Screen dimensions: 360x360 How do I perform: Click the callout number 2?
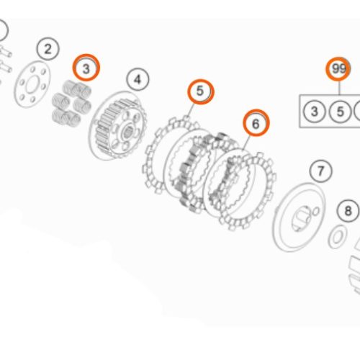click(48, 50)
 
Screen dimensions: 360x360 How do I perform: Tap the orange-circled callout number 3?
click(86, 69)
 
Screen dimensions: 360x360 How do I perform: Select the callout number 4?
click(138, 79)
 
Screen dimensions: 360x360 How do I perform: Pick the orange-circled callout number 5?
click(201, 91)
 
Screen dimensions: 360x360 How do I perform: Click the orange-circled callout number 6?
click(255, 124)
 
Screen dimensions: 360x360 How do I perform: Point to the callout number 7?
click(321, 172)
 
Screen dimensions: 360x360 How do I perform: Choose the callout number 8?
click(348, 211)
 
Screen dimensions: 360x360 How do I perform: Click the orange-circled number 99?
click(338, 70)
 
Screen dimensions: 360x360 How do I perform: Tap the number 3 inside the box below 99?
click(315, 112)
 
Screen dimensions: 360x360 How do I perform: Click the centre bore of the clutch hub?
click(127, 132)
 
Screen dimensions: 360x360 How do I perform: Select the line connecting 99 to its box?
click(338, 87)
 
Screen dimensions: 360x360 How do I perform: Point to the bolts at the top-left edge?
click(6, 58)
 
